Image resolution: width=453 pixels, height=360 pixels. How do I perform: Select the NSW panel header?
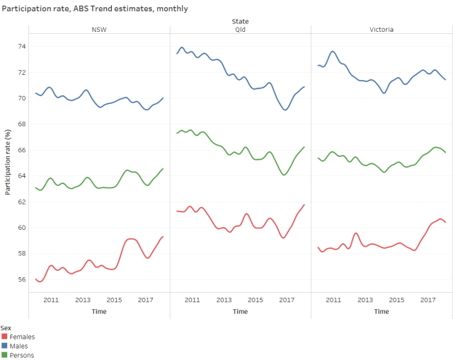(x=100, y=30)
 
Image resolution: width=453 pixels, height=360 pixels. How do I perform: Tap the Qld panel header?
(x=240, y=30)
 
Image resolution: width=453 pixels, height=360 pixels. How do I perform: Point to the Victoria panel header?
(x=382, y=30)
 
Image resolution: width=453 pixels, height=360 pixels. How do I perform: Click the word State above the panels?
(x=240, y=21)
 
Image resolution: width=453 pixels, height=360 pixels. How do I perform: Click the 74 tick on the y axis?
(x=22, y=46)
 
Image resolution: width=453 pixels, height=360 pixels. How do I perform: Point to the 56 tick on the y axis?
(x=22, y=279)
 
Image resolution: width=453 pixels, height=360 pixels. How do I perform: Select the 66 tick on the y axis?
(x=22, y=150)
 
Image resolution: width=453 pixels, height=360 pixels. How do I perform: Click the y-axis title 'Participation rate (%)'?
(x=8, y=162)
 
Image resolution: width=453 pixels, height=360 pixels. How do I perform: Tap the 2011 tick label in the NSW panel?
(x=51, y=300)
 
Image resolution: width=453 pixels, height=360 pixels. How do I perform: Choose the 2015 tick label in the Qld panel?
(x=256, y=300)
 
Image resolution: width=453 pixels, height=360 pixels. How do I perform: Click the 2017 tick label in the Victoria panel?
(x=428, y=300)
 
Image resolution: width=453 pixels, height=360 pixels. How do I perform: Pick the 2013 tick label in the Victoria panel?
(x=365, y=300)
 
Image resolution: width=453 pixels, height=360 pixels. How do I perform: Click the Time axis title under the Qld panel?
(x=240, y=311)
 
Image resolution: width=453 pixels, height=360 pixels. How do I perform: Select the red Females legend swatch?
(x=4, y=337)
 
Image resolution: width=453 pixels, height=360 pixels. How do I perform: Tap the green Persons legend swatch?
(x=4, y=355)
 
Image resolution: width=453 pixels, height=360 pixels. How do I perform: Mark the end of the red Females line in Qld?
(x=304, y=204)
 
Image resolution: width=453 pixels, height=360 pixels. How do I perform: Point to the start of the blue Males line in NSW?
(x=35, y=93)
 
